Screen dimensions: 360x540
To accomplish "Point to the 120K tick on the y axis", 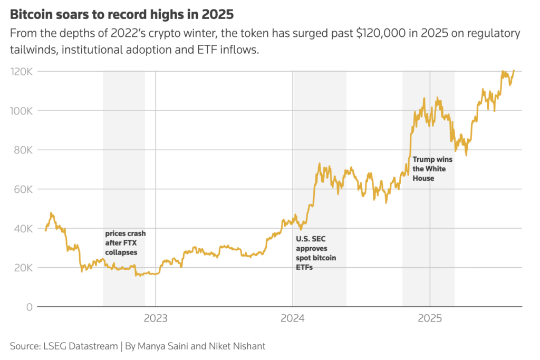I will [22, 72].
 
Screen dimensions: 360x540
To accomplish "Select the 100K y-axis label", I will [22, 111].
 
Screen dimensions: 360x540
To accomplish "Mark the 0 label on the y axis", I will [29, 307].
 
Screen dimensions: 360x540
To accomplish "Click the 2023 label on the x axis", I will [156, 318].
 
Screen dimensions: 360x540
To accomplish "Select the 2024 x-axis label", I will [292, 318].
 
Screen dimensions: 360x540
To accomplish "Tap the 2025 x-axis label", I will [429, 318].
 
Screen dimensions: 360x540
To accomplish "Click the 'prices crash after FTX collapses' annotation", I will [126, 242].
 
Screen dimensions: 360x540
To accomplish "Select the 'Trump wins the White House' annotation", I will [432, 169].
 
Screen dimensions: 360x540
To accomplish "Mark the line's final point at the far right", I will [514, 71].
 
